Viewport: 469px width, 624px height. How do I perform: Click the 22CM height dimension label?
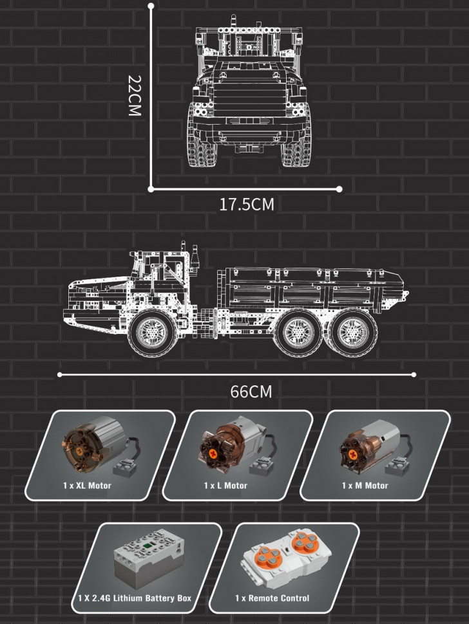pos(135,95)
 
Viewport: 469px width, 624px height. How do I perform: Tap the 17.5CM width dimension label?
pos(247,205)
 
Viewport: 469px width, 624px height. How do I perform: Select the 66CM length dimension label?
pos(251,392)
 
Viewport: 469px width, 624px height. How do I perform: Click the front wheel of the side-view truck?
pos(153,332)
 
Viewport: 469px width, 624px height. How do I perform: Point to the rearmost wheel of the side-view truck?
pos(353,332)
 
